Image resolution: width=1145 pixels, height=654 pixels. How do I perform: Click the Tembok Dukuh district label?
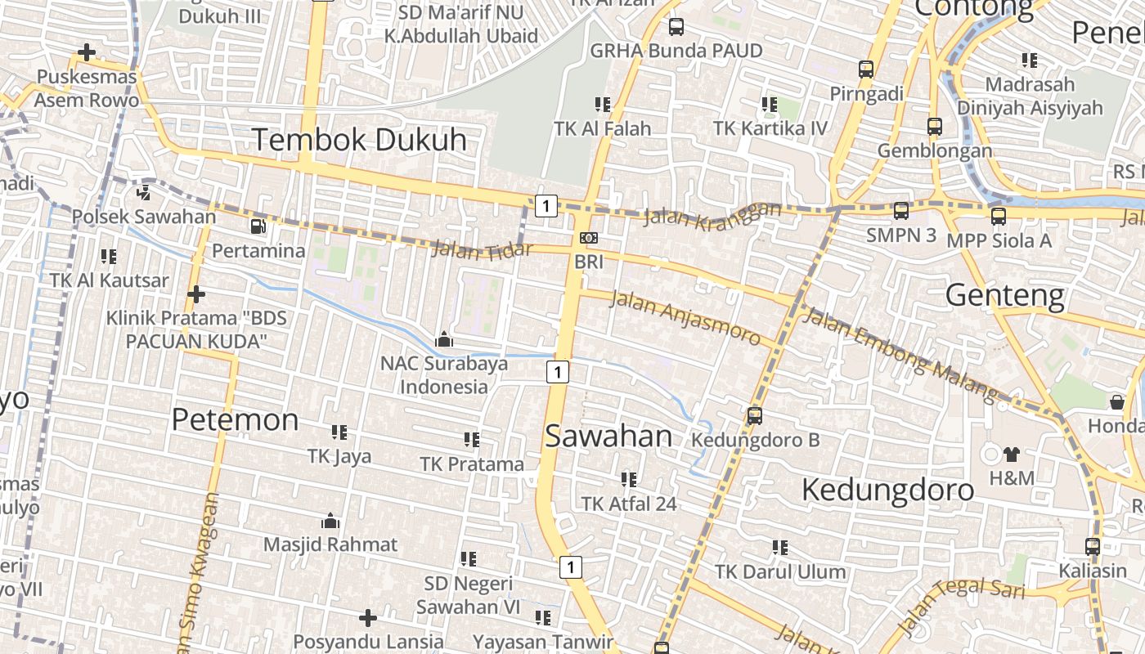point(359,140)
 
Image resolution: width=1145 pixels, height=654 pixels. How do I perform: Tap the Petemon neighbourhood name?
point(235,420)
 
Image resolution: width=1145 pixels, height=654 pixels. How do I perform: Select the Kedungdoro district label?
point(887,490)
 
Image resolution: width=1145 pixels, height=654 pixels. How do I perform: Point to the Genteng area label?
point(1005,294)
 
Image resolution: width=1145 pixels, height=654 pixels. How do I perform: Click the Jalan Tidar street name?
point(482,248)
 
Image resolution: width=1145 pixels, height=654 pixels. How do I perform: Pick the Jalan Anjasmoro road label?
point(685,317)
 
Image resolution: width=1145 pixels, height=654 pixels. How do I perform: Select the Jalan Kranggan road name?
point(712,214)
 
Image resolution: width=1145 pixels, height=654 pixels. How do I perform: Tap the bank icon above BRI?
point(588,238)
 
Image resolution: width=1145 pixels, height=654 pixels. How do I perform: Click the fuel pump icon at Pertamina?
point(258,226)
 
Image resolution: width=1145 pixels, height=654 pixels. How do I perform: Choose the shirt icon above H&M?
point(1012,455)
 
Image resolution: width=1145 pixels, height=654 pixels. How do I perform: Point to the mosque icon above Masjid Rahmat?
point(330,521)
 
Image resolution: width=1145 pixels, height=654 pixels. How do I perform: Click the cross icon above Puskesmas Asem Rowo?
point(86,53)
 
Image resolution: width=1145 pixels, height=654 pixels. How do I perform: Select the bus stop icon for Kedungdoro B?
point(754,416)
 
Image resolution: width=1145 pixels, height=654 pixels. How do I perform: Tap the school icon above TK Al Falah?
point(603,105)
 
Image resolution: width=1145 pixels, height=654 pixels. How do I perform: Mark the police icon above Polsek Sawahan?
point(143,192)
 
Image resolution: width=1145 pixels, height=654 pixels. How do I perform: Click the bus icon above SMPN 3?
point(901,211)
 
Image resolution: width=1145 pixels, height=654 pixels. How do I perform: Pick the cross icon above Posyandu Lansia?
point(368,617)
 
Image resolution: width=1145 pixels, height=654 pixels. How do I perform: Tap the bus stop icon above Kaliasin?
point(1093,546)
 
